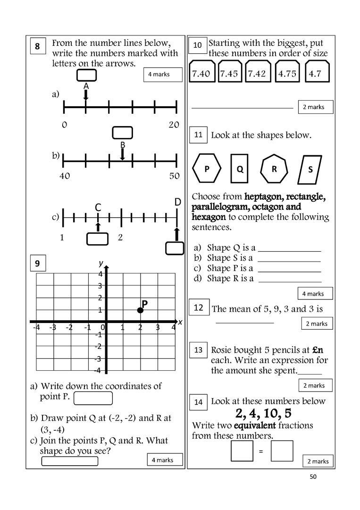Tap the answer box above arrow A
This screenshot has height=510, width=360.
(86, 75)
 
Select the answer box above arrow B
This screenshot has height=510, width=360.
(122, 133)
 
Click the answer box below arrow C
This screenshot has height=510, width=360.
(98, 239)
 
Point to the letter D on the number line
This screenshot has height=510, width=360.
(177, 202)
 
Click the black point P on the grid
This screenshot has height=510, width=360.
(140, 310)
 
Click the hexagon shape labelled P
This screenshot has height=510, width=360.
(207, 169)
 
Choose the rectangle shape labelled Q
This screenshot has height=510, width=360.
(240, 169)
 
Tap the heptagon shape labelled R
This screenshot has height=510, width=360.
(274, 168)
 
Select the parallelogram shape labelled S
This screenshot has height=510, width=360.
(310, 169)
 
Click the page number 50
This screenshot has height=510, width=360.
(313, 476)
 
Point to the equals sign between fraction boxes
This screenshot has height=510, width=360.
(260, 451)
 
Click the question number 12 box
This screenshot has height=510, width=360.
(199, 308)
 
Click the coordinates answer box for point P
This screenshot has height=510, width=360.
(93, 398)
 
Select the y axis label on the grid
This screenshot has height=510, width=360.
(100, 263)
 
